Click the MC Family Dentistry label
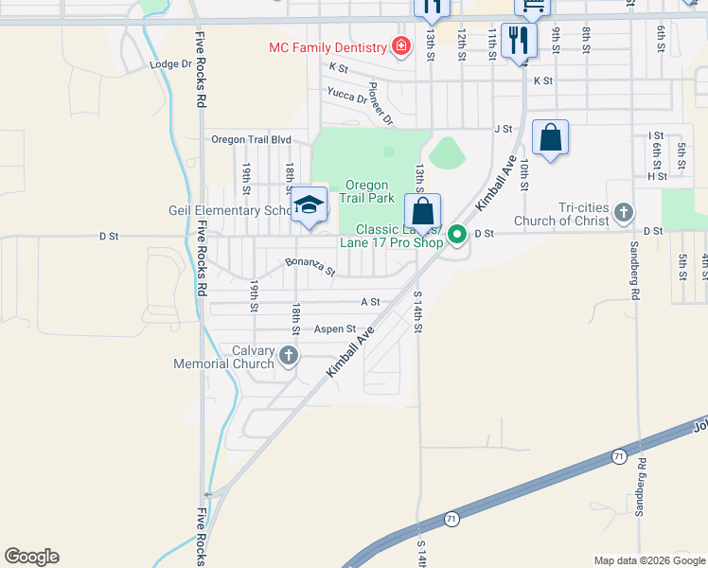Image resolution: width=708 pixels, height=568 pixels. coord(327,47)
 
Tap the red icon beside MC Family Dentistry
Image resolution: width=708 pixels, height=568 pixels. coord(401,46)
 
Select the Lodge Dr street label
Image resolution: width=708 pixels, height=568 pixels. coord(170,64)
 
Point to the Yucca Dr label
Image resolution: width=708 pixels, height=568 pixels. coord(346,94)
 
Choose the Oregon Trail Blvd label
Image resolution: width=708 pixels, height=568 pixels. coord(251,139)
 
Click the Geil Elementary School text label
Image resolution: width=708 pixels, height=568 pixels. coord(228,210)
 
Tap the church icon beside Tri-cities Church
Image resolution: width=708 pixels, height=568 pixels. coord(623,211)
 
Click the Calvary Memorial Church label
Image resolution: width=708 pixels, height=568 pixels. coord(224,357)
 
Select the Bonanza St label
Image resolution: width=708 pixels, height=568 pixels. coord(310,266)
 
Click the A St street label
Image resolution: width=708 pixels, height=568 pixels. coord(370,302)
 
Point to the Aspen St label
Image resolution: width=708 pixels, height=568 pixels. coord(335,329)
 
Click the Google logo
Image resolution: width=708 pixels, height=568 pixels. coord(31,557)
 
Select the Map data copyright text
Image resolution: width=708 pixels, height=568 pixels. coord(649,560)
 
